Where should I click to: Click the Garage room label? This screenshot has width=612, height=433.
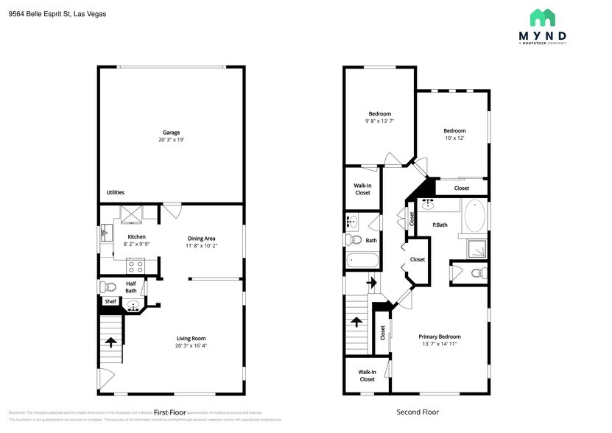tap(171, 133)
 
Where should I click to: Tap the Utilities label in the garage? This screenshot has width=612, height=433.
tap(116, 192)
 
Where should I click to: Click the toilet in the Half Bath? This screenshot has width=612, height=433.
tap(109, 287)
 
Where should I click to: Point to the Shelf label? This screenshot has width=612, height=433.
tap(110, 301)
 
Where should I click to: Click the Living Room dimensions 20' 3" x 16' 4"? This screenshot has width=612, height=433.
tap(195, 345)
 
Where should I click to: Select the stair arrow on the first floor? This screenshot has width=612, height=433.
tap(111, 341)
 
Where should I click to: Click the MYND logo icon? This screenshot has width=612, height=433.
tap(543, 18)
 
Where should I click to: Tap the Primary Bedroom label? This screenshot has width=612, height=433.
tap(440, 336)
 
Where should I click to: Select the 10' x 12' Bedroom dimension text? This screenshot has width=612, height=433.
tap(454, 138)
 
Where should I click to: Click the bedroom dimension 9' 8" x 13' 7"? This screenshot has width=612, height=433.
tap(380, 121)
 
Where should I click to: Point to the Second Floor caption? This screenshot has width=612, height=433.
tap(418, 412)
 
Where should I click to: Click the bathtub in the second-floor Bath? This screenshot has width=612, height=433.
tap(362, 259)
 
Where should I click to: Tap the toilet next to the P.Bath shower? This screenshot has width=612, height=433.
tap(476, 273)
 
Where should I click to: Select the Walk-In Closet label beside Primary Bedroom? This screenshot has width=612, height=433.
tap(367, 376)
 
